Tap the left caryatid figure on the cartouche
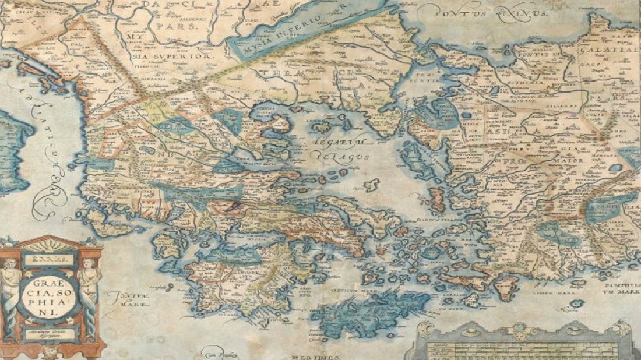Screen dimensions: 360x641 point(10,291)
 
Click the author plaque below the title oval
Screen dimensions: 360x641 point(51,333)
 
